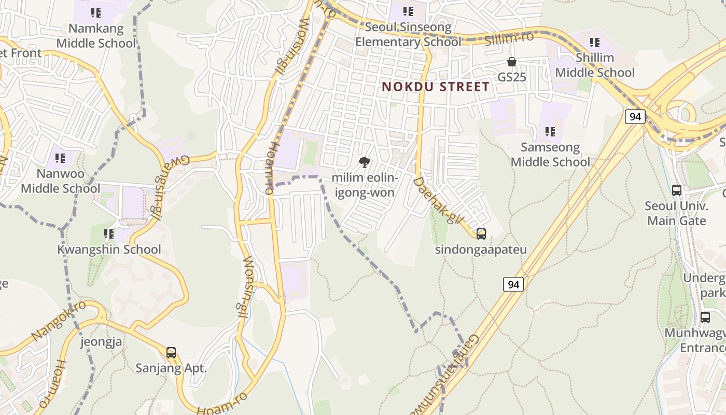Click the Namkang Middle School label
96,35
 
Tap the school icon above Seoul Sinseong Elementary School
408,11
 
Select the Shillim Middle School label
595,65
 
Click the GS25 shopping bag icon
512,62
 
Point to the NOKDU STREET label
436,87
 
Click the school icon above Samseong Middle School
550,132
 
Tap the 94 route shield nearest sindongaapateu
513,284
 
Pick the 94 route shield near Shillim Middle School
635,117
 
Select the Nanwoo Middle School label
60,180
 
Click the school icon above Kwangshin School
109,234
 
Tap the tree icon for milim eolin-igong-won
365,162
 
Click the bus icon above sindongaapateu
481,234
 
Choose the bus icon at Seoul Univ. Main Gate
677,190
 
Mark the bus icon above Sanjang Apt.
171,353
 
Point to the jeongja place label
101,342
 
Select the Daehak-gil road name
438,201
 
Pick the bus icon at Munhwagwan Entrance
705,317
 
